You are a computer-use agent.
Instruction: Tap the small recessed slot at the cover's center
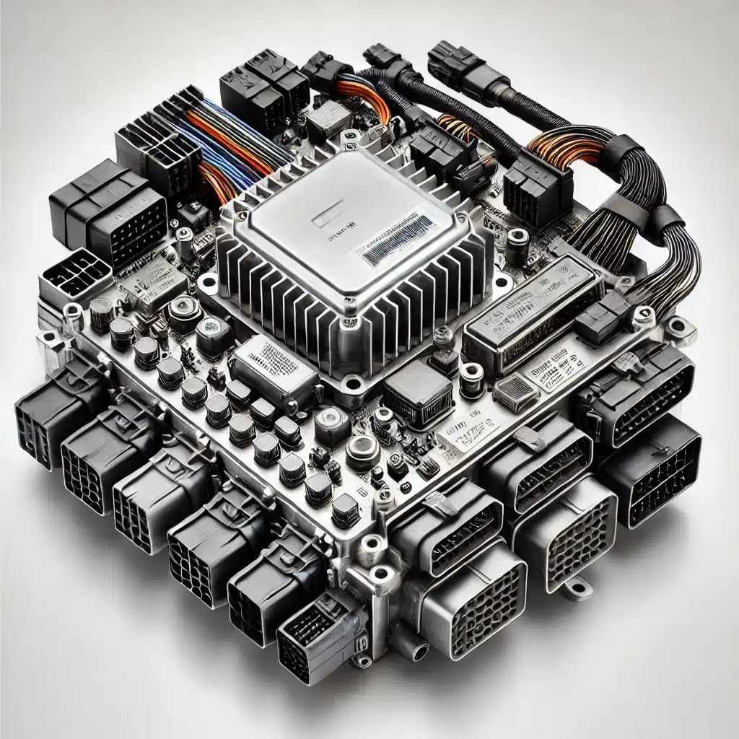click(329, 217)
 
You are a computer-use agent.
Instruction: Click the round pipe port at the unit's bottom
click(419, 653)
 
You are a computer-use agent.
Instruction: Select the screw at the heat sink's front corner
click(351, 380)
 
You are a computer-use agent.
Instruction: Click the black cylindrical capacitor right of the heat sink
click(517, 245)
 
